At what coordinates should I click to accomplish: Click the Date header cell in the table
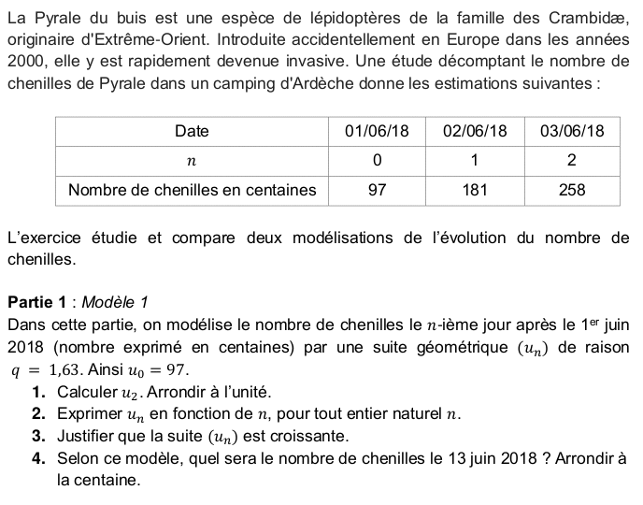pyautogui.click(x=192, y=131)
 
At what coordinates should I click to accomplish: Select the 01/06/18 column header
pyautogui.click(x=377, y=131)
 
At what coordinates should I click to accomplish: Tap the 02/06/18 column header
pyautogui.click(x=475, y=131)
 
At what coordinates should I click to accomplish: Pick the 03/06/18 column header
pyautogui.click(x=572, y=131)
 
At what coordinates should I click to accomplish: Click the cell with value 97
pyautogui.click(x=377, y=190)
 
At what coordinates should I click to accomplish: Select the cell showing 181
pyautogui.click(x=475, y=190)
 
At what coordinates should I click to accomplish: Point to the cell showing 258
pyautogui.click(x=572, y=190)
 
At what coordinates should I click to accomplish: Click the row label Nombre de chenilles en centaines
pyautogui.click(x=192, y=190)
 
